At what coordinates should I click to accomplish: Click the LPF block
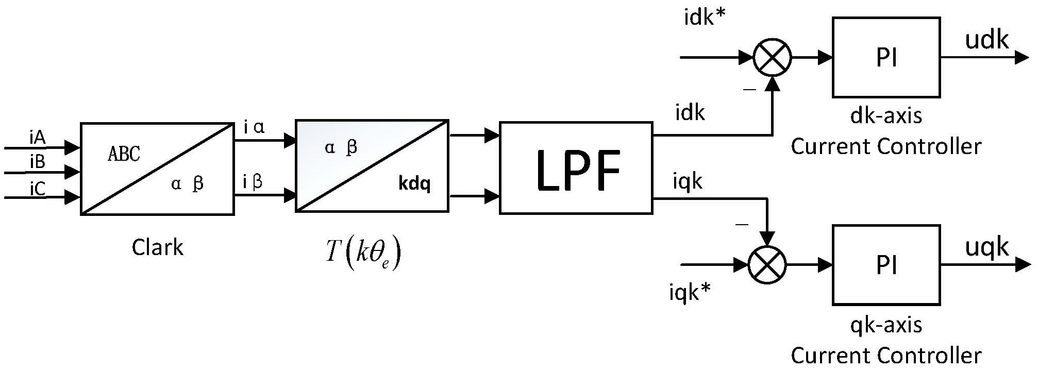tap(576, 168)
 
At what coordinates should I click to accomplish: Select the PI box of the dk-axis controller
tap(886, 57)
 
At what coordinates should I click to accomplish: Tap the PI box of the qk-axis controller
tap(886, 265)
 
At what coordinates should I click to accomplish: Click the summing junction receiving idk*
tap(772, 57)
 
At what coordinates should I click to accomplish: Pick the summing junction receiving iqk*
tap(767, 265)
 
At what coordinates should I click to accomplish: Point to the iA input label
tap(38, 138)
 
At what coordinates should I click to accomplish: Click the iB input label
tap(38, 162)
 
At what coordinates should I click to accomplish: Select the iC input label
tap(38, 189)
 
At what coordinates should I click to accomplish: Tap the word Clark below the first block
tap(157, 247)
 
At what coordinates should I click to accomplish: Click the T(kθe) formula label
tap(363, 253)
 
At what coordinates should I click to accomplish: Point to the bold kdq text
tap(414, 183)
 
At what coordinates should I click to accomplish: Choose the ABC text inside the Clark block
tap(124, 154)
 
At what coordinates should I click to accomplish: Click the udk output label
tap(986, 40)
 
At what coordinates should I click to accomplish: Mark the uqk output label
tap(986, 247)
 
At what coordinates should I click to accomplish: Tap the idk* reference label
tap(705, 18)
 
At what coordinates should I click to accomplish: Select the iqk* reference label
tap(690, 293)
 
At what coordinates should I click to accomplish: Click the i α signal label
tap(254, 127)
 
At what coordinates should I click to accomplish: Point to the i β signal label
tap(253, 181)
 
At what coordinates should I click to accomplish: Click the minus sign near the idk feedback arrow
tap(749, 90)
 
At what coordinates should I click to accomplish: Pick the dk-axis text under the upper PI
tap(886, 115)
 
